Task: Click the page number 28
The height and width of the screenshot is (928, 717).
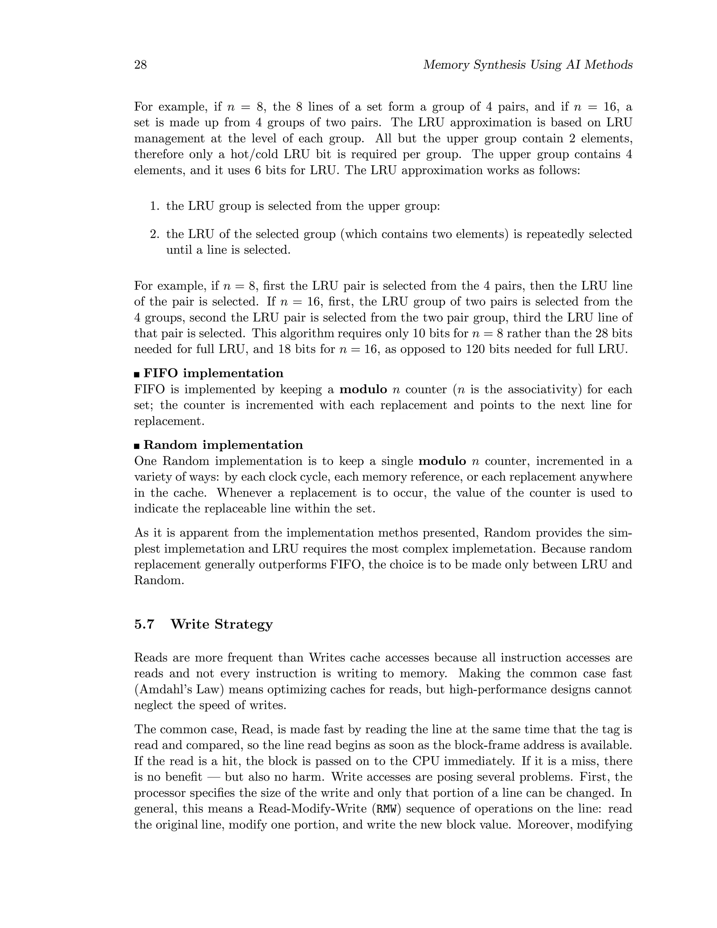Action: (x=141, y=65)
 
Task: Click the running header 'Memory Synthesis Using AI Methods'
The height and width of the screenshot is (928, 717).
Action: (x=528, y=65)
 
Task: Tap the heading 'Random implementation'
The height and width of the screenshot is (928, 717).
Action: (x=223, y=445)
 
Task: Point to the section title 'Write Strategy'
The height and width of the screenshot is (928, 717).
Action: (x=221, y=624)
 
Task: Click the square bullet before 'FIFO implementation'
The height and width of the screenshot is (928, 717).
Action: (x=137, y=374)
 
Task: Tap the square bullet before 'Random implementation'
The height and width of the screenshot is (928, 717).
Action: (x=137, y=446)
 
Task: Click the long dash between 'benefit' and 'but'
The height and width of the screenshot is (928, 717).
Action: (x=213, y=777)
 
